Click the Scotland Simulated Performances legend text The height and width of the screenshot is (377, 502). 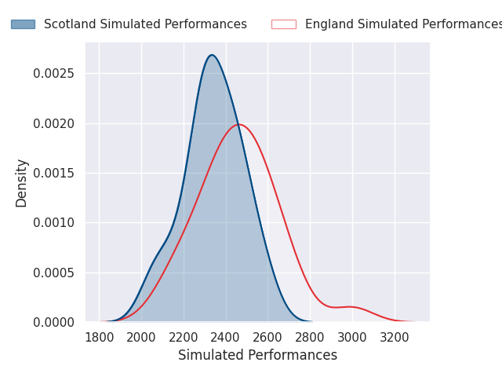pos(145,24)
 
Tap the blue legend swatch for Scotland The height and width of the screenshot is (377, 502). pos(23,24)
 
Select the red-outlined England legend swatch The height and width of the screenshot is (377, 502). pos(283,24)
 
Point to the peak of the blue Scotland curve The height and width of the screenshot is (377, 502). pos(211,55)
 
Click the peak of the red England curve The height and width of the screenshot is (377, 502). pos(239,124)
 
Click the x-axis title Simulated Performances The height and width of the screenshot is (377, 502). pos(257,355)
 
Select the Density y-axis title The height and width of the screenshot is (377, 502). pos(22,182)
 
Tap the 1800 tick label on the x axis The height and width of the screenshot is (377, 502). pos(99,336)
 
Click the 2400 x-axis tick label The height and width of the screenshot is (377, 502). pos(226,336)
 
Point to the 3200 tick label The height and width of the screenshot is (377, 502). pos(395,336)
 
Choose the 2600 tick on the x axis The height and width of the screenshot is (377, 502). pos(268,336)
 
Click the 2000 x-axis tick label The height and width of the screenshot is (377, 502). pos(141,336)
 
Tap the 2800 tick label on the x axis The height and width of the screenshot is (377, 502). pos(310,336)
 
